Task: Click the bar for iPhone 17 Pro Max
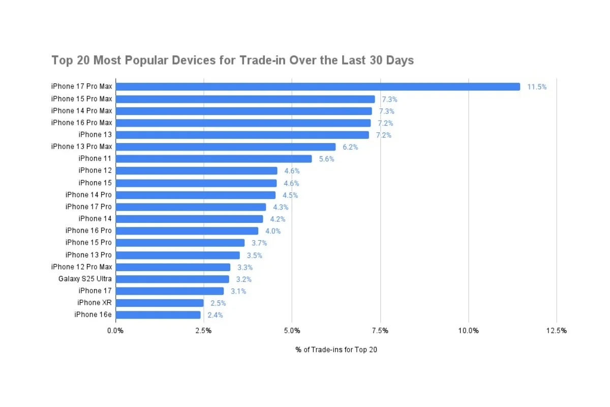tap(318, 87)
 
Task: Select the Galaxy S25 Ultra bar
tap(172, 279)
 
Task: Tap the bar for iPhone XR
tap(160, 303)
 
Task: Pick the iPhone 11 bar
tap(213, 159)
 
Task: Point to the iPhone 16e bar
tap(158, 315)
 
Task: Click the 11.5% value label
tap(537, 87)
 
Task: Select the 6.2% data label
tap(350, 147)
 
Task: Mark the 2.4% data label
tap(215, 315)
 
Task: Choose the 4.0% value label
tap(273, 231)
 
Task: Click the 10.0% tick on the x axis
tap(468, 331)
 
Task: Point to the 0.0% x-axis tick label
tap(115, 331)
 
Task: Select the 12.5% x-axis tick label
tap(557, 331)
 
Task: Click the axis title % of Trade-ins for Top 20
tap(336, 350)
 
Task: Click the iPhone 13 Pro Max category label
tap(81, 147)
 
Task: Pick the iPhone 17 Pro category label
tap(88, 207)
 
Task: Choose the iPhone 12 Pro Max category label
tap(81, 267)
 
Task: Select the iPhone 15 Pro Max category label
tap(81, 99)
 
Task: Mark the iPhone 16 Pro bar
tap(187, 231)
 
